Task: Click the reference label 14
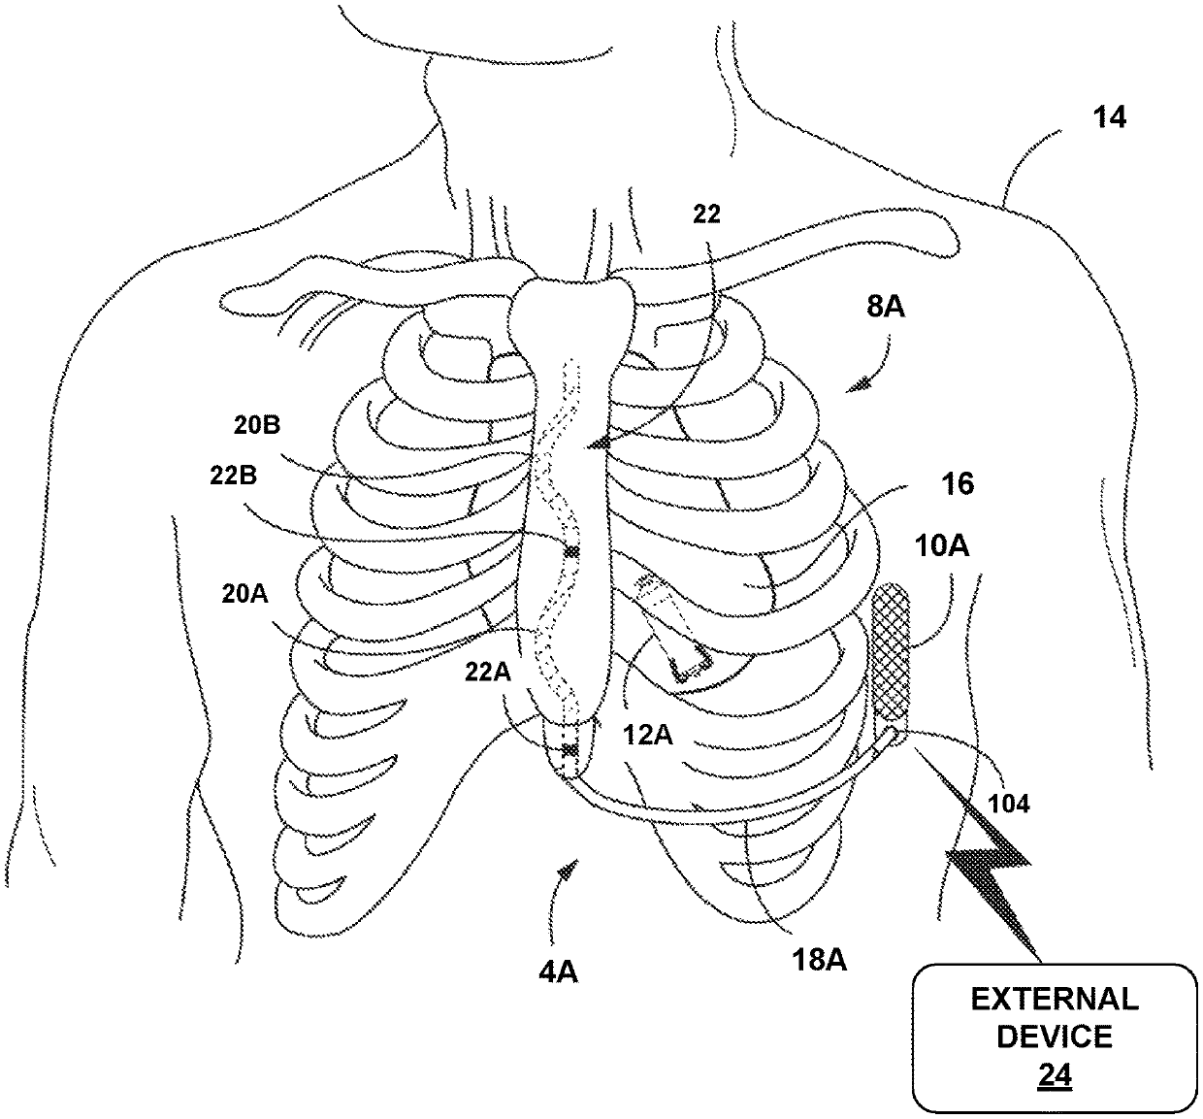1110,118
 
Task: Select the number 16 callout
959,483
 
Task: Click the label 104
1010,804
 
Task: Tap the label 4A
558,970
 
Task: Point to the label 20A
244,594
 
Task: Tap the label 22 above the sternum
706,214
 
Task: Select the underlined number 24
1055,1076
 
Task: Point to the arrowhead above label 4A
562,876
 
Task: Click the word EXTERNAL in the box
1055,999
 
